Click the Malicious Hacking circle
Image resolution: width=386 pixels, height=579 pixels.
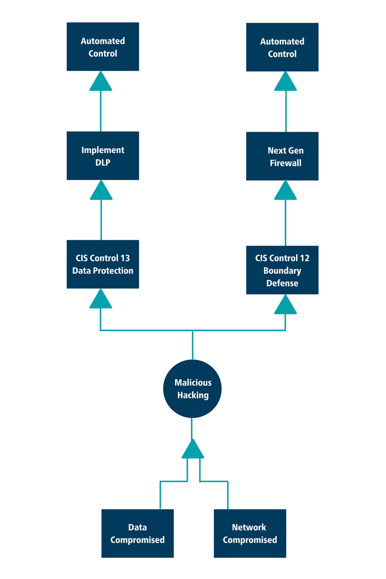tap(193, 389)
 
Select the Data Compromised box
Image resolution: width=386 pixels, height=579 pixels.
tap(138, 533)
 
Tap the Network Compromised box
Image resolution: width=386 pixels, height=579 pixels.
tap(250, 533)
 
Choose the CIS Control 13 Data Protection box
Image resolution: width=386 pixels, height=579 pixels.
tap(103, 264)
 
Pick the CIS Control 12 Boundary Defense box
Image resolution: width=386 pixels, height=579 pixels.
tap(282, 270)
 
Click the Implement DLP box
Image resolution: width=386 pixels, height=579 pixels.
tap(103, 156)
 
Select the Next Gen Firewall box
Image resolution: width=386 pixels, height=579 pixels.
tap(282, 156)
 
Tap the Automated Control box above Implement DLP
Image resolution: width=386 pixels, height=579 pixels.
tap(103, 47)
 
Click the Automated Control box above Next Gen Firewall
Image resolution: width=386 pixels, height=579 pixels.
tap(282, 47)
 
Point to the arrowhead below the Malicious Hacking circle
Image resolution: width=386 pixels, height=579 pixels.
tap(193, 450)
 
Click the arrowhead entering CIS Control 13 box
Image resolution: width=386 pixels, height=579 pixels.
tap(100, 300)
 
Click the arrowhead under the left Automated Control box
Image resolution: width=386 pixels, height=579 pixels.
tap(100, 82)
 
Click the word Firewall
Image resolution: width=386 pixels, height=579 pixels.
tap(286, 163)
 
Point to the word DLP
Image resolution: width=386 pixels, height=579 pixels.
tap(103, 163)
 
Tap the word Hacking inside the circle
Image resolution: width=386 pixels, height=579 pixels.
tap(193, 396)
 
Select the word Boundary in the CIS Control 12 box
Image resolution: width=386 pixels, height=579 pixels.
tap(282, 271)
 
